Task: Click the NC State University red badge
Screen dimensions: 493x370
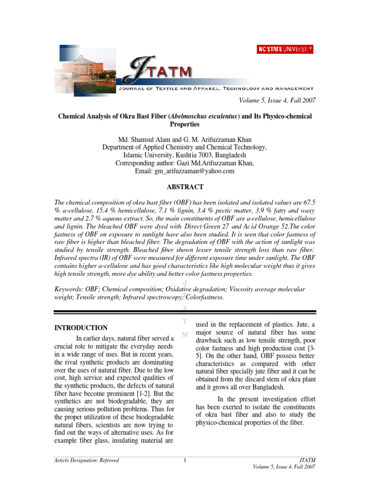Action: point(285,49)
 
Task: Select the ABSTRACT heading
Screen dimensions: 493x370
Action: point(185,187)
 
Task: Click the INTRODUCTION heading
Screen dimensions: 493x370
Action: point(80,328)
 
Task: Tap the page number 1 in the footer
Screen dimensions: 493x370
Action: point(185,461)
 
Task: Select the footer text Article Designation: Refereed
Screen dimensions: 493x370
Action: point(86,461)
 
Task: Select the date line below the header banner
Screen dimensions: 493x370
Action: point(277,100)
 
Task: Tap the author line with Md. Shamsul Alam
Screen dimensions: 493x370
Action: point(185,140)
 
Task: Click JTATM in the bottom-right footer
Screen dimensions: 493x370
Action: point(307,461)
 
